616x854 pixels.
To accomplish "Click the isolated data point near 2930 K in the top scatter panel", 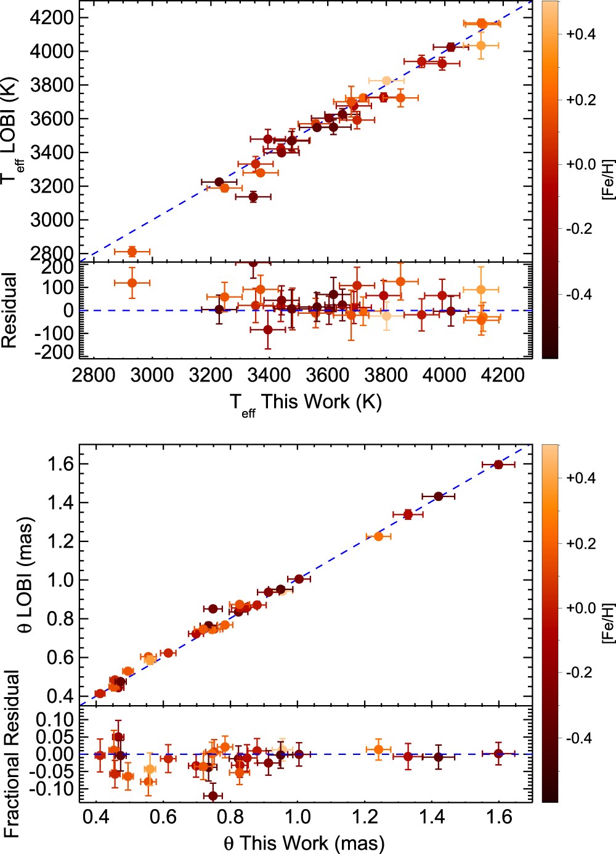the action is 132,252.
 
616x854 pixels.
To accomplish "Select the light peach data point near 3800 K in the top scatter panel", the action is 386,81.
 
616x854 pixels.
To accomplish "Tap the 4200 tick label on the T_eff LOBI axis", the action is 52,17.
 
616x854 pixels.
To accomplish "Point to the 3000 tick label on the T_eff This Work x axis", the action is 152,375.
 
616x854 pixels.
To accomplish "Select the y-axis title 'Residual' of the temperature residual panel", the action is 9,310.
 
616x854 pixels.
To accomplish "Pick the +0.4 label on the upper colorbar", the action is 581,34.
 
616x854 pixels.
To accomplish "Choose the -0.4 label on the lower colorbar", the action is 579,738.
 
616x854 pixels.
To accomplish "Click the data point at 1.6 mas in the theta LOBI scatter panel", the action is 498,465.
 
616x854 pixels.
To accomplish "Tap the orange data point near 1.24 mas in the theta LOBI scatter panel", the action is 378,537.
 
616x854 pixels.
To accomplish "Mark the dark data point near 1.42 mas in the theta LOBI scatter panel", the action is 439,497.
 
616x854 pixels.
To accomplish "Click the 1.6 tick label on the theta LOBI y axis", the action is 60,464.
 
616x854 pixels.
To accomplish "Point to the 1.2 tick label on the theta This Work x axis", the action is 365,816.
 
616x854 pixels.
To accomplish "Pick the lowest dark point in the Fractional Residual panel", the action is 213,796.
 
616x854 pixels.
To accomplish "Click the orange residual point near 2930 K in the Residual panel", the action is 132,283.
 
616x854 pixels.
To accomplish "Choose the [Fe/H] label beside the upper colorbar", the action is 609,179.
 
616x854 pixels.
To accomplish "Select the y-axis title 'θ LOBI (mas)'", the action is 26,575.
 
